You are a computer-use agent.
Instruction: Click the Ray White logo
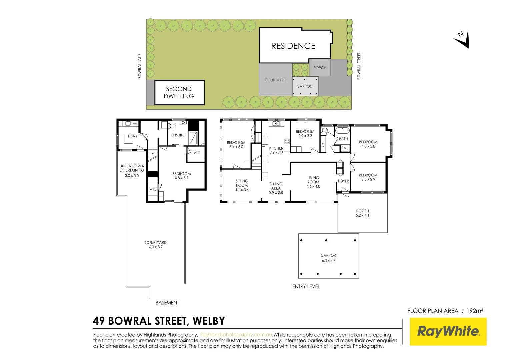click(x=448, y=331)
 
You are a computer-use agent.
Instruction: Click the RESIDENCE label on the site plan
click(x=293, y=46)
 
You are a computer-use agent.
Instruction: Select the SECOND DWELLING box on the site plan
click(x=179, y=93)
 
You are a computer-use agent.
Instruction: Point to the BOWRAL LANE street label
click(x=140, y=66)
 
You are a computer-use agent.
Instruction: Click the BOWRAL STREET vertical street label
click(x=359, y=66)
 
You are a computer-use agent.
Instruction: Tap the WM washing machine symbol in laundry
click(x=135, y=124)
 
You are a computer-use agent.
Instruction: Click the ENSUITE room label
click(x=178, y=135)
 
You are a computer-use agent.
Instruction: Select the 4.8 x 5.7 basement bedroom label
click(x=182, y=178)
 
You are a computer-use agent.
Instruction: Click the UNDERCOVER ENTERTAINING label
click(x=132, y=168)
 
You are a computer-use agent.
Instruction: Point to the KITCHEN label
click(x=276, y=148)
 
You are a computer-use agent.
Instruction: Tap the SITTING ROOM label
click(x=242, y=183)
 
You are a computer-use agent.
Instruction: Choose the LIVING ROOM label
click(x=313, y=180)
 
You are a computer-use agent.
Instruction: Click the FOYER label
click(x=343, y=181)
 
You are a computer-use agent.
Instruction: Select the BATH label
click(x=343, y=139)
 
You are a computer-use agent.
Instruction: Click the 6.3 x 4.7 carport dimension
click(x=329, y=261)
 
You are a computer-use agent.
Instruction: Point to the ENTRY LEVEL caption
click(x=306, y=286)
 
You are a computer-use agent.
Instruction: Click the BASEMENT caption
click(x=167, y=303)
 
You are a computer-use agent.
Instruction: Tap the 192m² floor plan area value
click(x=475, y=311)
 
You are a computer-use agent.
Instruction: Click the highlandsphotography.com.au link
click(x=236, y=335)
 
